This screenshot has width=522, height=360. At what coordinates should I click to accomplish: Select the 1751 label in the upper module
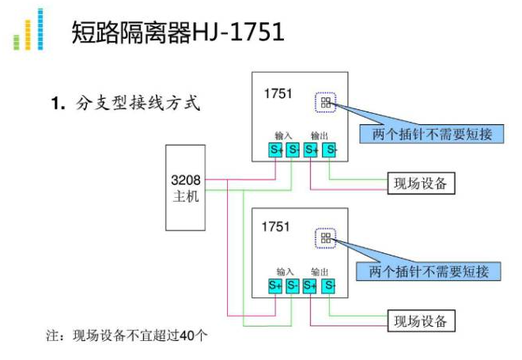(278, 94)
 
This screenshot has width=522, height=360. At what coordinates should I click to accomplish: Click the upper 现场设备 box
(421, 184)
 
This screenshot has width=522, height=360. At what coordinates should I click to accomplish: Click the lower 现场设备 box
(421, 320)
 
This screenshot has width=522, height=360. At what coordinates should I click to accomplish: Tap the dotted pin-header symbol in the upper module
(326, 102)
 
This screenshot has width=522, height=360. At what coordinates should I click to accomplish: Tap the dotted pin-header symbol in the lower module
(325, 237)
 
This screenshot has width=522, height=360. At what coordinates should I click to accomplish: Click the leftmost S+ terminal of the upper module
(274, 150)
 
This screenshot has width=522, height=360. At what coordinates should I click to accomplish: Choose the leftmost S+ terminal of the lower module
(274, 285)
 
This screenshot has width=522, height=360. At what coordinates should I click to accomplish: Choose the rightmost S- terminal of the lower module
(329, 285)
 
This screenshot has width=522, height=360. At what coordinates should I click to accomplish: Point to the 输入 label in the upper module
(284, 135)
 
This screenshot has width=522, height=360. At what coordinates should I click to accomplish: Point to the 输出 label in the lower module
(320, 271)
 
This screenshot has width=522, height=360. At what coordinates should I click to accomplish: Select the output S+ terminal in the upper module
(311, 150)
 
